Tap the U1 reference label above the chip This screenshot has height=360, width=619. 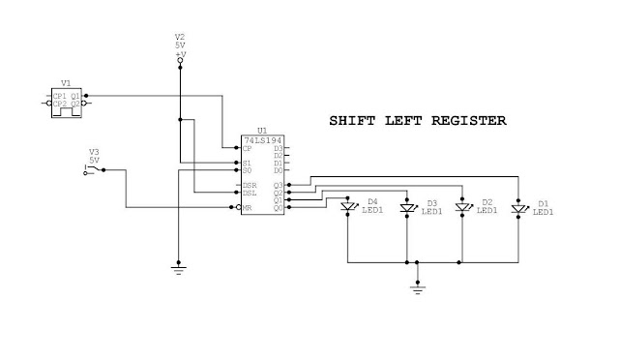click(x=261, y=131)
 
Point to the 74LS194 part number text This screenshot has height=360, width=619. click(x=262, y=140)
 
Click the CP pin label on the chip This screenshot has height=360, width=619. click(x=249, y=148)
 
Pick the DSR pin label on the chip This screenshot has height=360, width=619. click(x=250, y=185)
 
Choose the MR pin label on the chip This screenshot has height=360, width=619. click(x=248, y=207)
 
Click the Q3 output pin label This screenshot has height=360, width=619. click(x=278, y=185)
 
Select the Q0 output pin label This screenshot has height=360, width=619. click(x=278, y=207)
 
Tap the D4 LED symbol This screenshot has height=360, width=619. click(x=348, y=207)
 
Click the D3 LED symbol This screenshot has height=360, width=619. click(x=407, y=207)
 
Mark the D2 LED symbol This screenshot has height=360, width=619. click(x=463, y=207)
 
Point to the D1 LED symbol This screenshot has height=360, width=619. click(x=518, y=207)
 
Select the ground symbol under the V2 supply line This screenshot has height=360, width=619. click(x=178, y=269)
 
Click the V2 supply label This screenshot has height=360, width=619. click(x=179, y=38)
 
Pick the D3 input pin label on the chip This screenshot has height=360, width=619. click(x=278, y=148)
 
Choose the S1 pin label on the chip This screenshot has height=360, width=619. click(x=249, y=164)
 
